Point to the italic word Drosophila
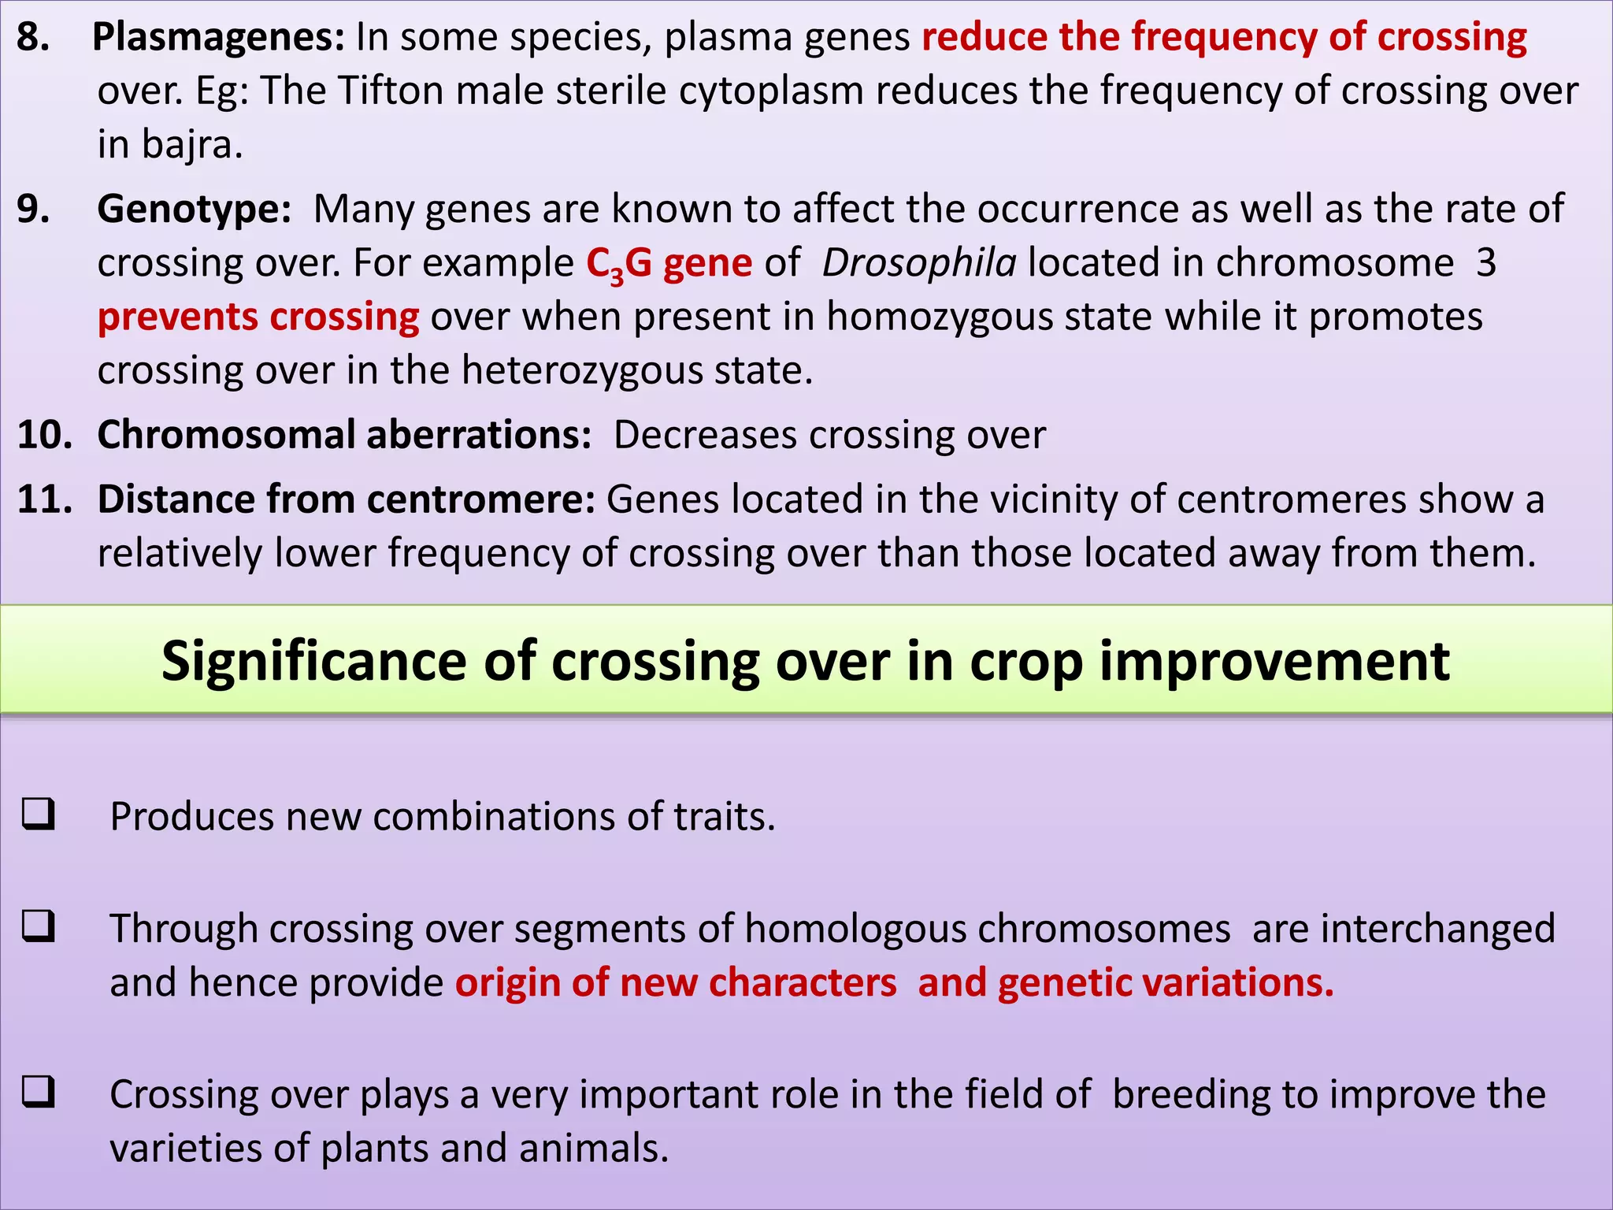tap(919, 263)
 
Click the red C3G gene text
tap(669, 263)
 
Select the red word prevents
tap(178, 317)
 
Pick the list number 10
tap(44, 435)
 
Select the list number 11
tap(44, 500)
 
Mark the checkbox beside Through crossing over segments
tap(39, 926)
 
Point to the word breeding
tap(1191, 1095)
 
